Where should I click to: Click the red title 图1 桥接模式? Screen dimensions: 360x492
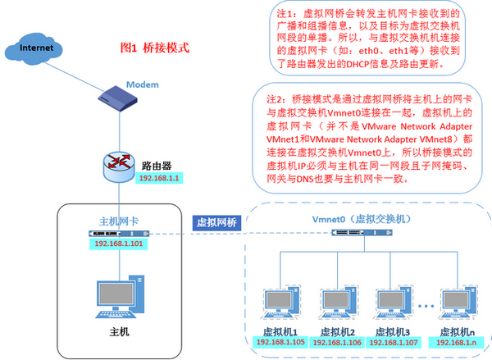[155, 48]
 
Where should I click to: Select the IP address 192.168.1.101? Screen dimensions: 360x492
[118, 244]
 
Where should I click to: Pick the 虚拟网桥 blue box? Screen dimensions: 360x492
[216, 222]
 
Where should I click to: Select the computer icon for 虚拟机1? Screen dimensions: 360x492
[275, 305]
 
